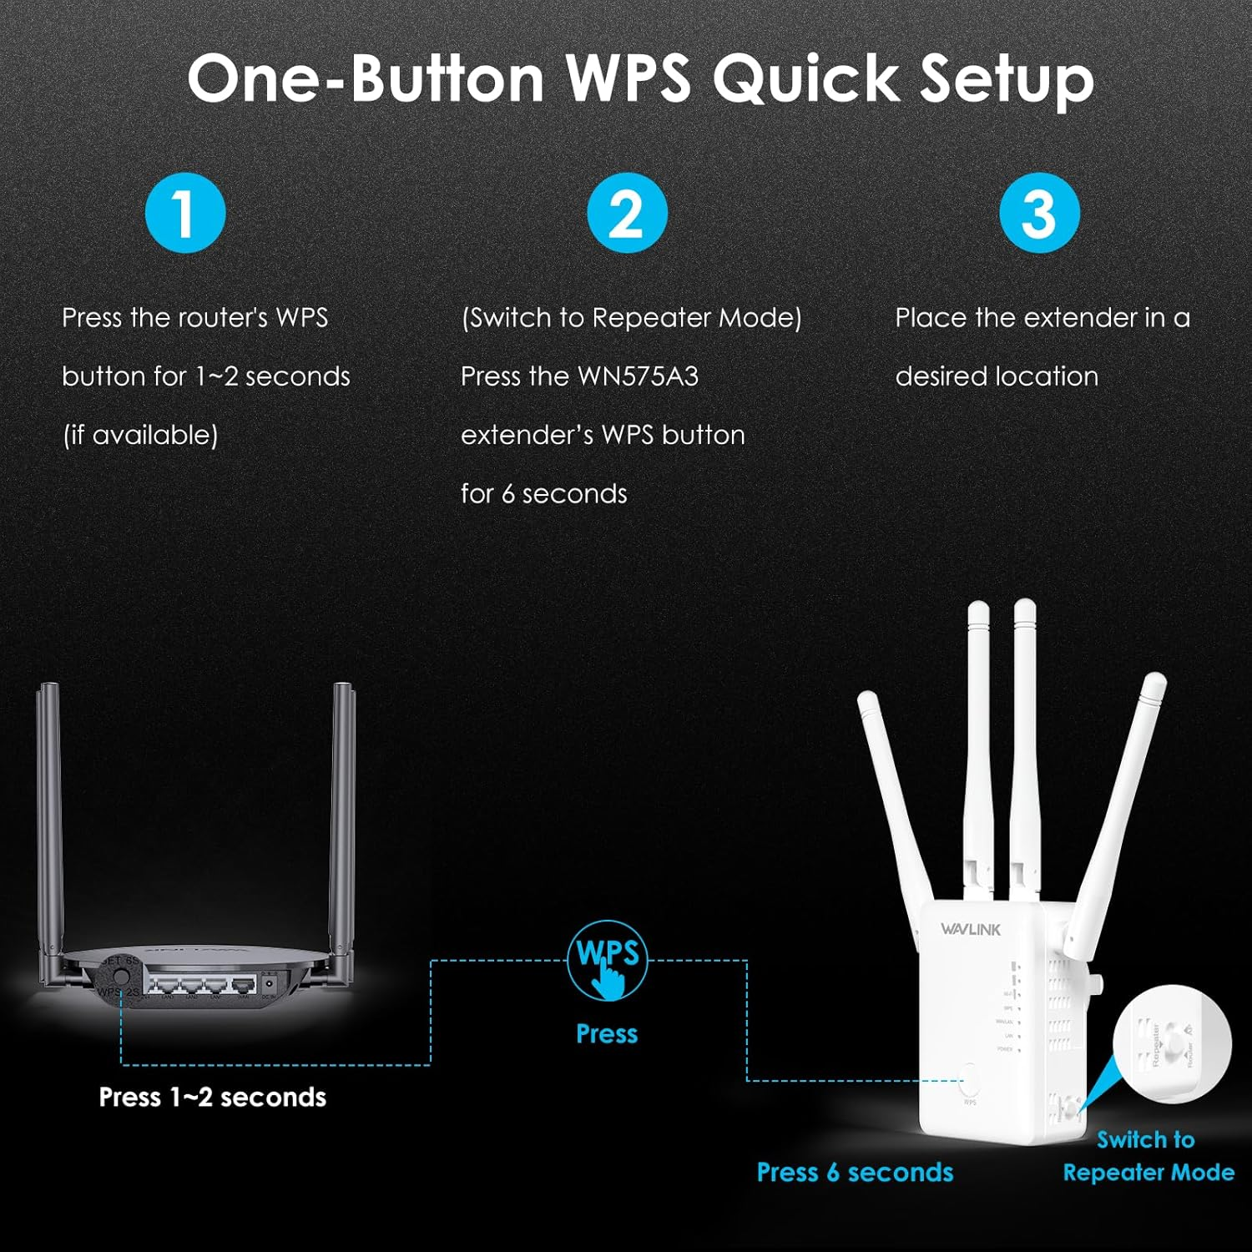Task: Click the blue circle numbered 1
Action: pos(185,213)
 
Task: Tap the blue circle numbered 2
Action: pos(627,213)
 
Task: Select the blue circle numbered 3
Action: pos(1039,213)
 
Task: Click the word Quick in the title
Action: pos(803,79)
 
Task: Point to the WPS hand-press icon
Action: pos(608,960)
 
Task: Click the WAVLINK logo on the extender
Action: pos(970,929)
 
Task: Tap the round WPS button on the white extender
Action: pos(970,1080)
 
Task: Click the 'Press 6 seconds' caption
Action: pos(855,1172)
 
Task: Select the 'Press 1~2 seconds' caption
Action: pos(212,1097)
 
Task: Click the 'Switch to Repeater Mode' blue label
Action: pos(1148,1156)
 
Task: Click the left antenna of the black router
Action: pos(48,818)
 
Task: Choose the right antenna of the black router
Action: pos(344,818)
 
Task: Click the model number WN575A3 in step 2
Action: pos(638,376)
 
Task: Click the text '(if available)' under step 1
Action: pos(140,435)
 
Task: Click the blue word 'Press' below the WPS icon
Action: pos(607,1033)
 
